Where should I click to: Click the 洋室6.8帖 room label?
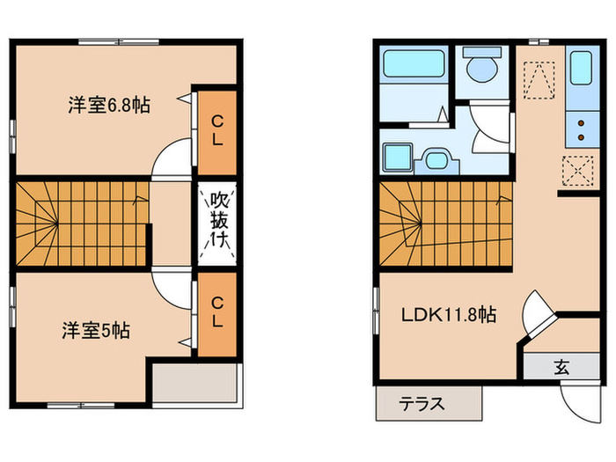(109, 106)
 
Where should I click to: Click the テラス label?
(422, 406)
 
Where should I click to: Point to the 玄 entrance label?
(561, 367)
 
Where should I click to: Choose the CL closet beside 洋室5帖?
(216, 312)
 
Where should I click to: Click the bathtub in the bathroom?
(414, 67)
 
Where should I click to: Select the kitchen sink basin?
(582, 68)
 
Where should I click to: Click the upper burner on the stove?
(582, 123)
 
